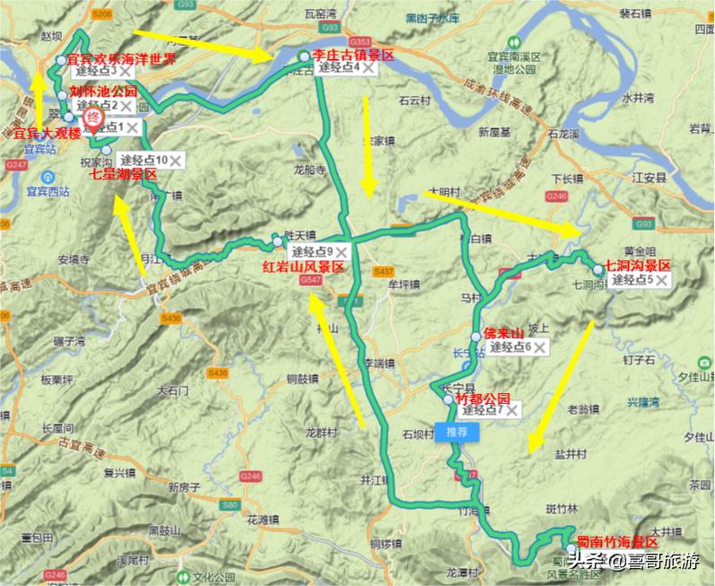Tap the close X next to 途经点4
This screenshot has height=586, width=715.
(367, 67)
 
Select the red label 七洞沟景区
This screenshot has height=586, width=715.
(638, 266)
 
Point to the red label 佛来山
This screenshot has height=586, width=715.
(502, 332)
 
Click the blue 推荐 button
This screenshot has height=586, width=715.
(457, 430)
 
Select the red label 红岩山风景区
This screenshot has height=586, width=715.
(303, 267)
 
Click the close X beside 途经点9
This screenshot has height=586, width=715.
(341, 252)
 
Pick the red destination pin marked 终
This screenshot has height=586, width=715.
(92, 118)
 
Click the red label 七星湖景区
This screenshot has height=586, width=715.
(124, 173)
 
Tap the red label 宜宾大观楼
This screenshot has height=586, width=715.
(47, 135)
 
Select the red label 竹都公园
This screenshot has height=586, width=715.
(483, 397)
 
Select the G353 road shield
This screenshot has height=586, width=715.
(361, 42)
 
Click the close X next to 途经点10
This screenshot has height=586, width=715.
(176, 160)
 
